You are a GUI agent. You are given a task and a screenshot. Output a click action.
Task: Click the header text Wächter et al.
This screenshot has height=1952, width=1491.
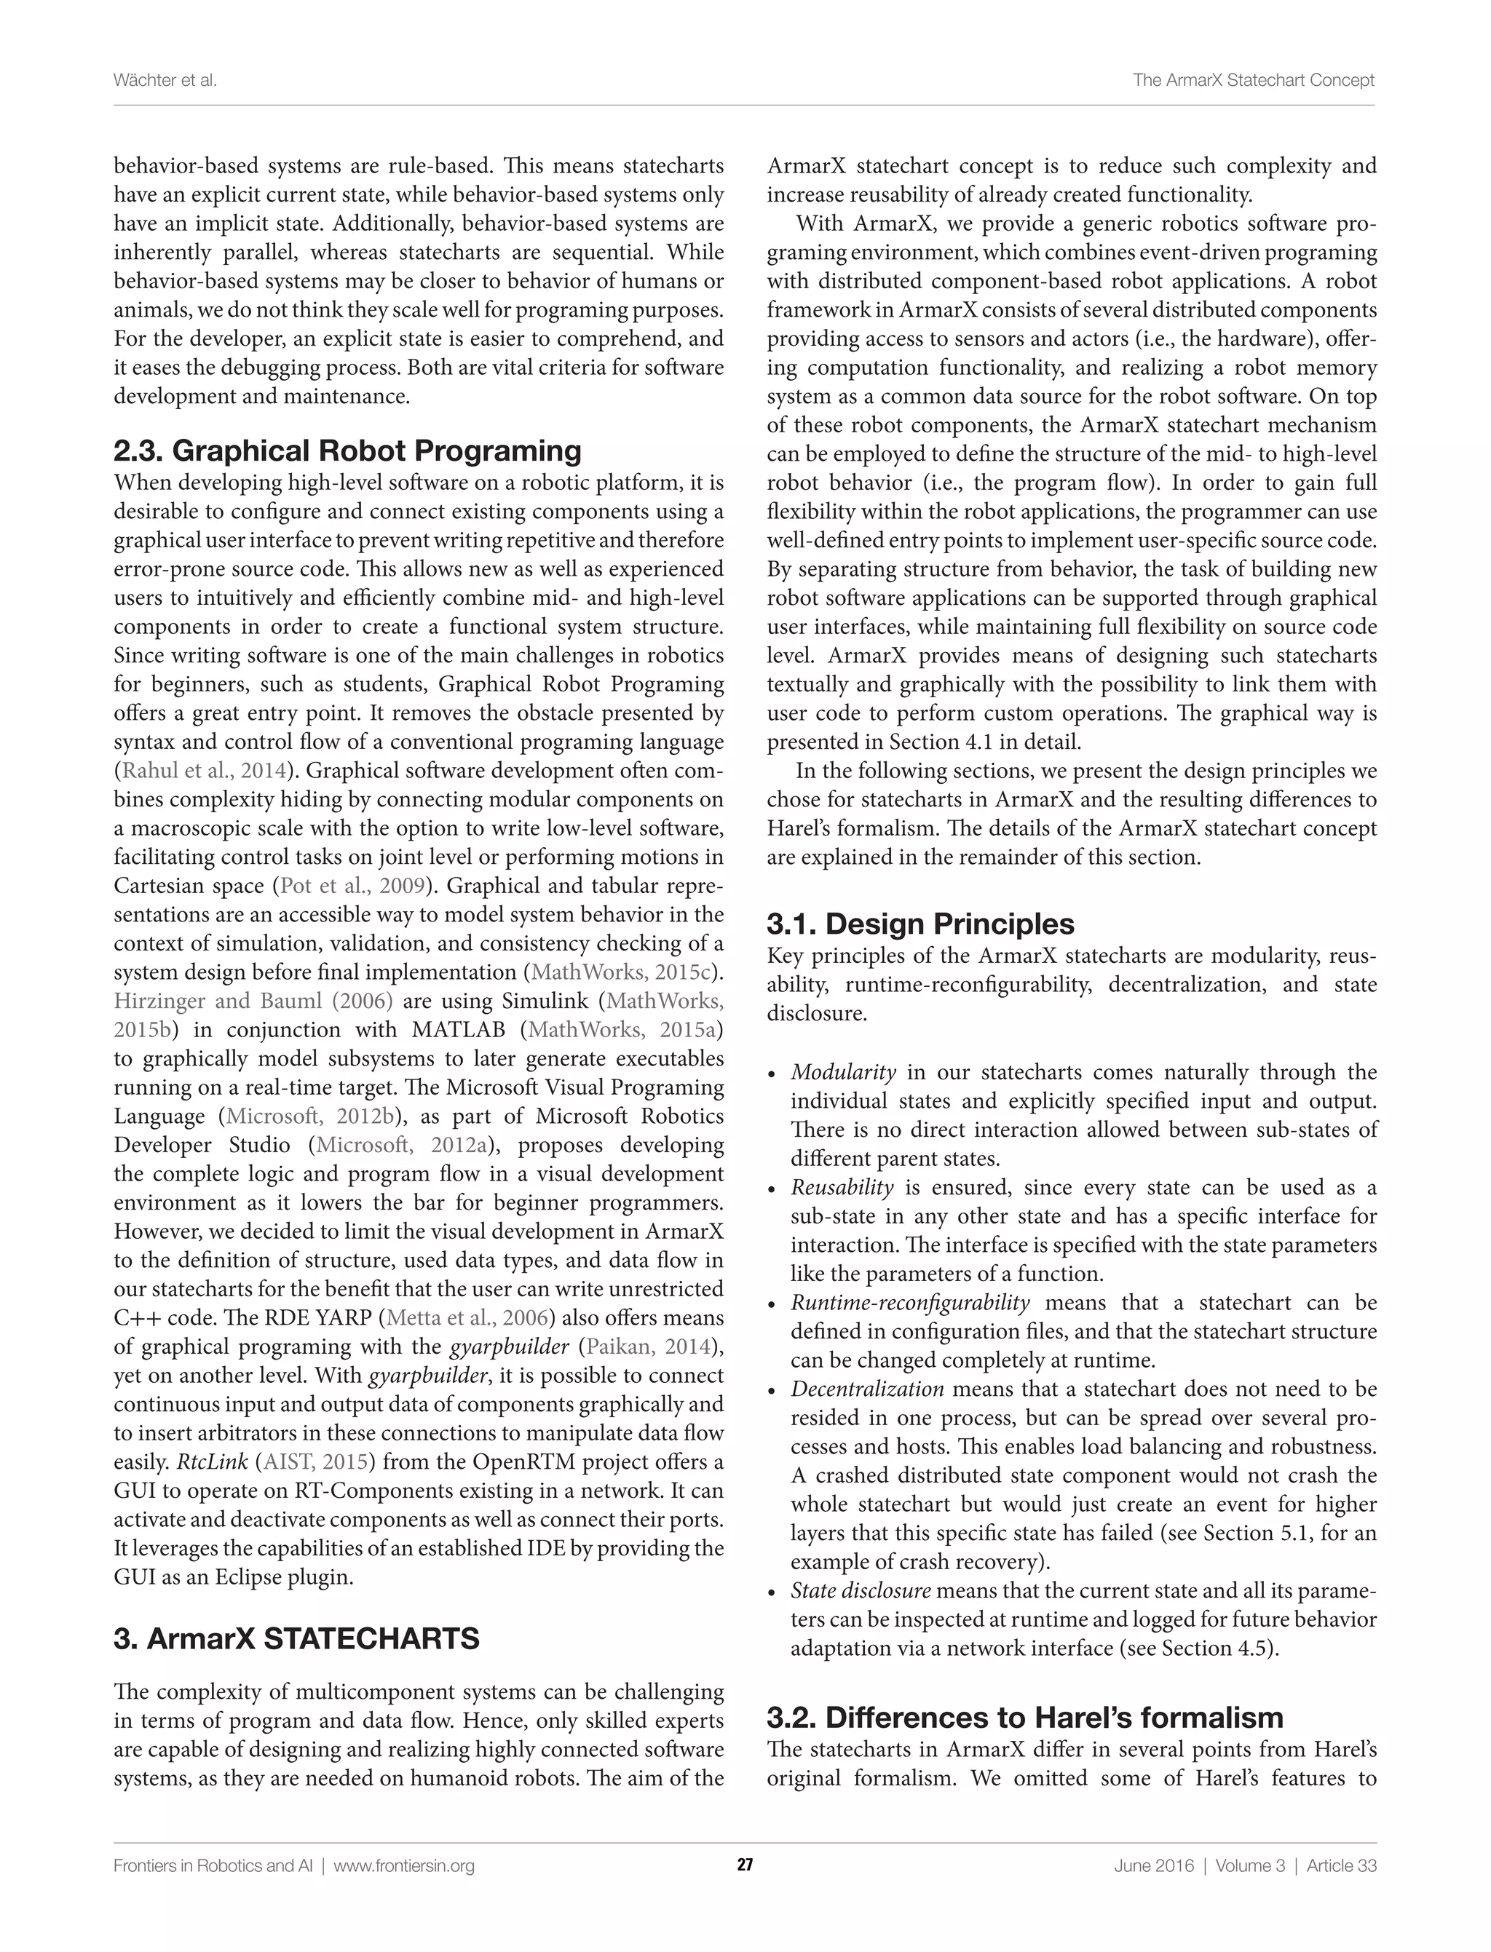click(x=165, y=80)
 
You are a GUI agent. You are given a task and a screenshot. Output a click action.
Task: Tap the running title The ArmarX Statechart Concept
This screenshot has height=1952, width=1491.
click(x=1253, y=80)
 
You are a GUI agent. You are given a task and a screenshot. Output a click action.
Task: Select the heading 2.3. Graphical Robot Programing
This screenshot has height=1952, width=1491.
click(x=347, y=451)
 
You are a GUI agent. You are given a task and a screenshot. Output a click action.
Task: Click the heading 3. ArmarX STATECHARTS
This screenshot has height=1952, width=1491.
click(x=296, y=1638)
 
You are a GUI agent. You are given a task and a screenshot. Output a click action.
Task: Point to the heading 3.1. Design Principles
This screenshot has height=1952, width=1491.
click(x=920, y=924)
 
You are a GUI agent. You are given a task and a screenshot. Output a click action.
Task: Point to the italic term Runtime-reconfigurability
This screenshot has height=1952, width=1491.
click(x=910, y=1303)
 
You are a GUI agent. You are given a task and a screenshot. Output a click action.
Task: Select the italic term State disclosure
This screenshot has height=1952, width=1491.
click(x=861, y=1590)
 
